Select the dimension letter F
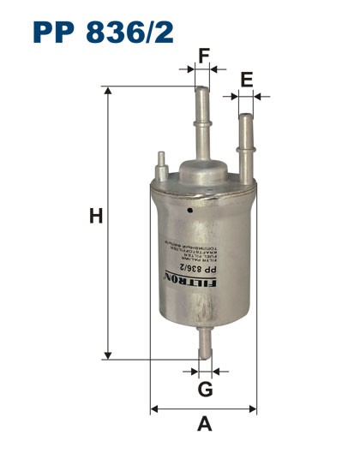(x=203, y=57)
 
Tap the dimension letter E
(x=247, y=81)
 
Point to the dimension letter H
(x=96, y=218)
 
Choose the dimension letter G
(x=205, y=390)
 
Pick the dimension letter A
(x=204, y=422)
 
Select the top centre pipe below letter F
(x=202, y=120)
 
